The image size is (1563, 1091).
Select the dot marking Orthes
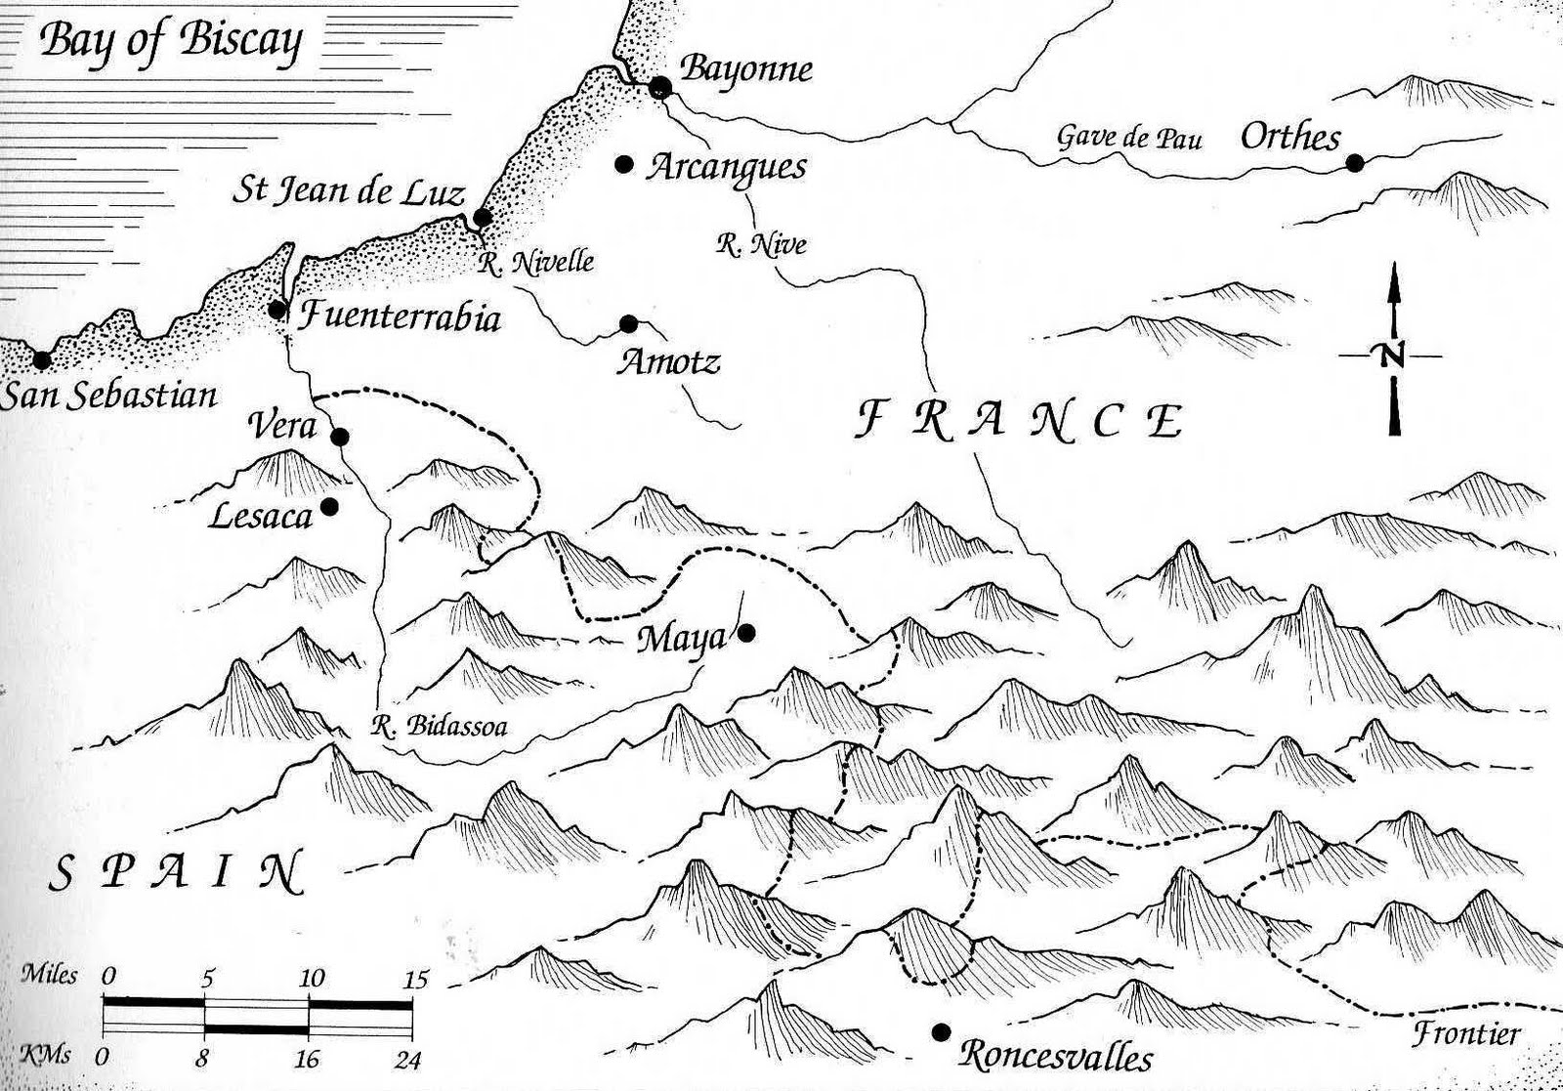click(1354, 163)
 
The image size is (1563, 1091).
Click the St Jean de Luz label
click(347, 189)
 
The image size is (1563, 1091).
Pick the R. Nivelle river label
click(536, 261)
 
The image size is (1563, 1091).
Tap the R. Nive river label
click(761, 244)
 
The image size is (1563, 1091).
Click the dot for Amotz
click(628, 323)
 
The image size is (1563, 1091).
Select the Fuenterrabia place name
click(399, 317)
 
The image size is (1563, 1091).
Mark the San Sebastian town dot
click(41, 359)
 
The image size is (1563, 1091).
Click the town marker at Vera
click(340, 437)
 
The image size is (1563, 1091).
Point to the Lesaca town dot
click(329, 506)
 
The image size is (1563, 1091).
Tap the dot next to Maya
click(746, 633)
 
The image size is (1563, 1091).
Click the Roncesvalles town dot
click(941, 1032)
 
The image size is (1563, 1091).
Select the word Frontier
click(1466, 1033)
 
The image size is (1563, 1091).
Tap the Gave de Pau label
click(1129, 137)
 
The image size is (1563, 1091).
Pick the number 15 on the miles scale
click(416, 979)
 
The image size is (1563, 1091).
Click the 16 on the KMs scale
click(308, 1059)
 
